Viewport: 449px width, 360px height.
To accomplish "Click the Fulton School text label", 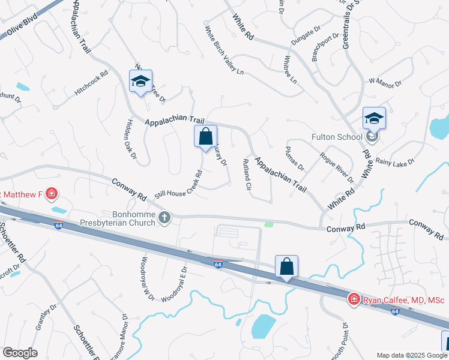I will click(337, 137).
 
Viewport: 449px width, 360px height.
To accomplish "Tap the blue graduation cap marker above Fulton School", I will click(373, 118).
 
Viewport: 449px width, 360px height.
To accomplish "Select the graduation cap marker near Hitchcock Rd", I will click(140, 82).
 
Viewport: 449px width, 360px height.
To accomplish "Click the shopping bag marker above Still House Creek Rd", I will click(205, 137).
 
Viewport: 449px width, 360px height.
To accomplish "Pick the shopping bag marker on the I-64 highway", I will click(287, 266).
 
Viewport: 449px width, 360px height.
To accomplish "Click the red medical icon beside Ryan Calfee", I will click(354, 299).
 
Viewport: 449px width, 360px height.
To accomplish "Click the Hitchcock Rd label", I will click(91, 83).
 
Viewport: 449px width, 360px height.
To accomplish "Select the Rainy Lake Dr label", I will click(394, 162).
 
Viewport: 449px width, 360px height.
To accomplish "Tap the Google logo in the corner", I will click(20, 353).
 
